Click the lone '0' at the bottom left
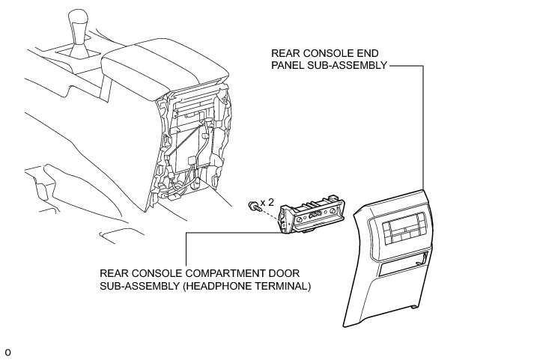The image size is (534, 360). (7, 351)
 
